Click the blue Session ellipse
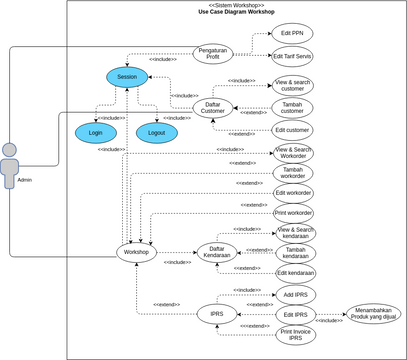127,76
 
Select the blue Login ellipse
96,132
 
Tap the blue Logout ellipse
156,132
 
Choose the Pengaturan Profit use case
211,52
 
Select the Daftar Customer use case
213,107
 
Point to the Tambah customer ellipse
292,108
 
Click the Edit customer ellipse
292,130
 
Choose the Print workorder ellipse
293,213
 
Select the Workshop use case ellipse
136,253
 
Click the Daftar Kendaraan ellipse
216,251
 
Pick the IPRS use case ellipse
216,314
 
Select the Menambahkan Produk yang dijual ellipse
369,314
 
